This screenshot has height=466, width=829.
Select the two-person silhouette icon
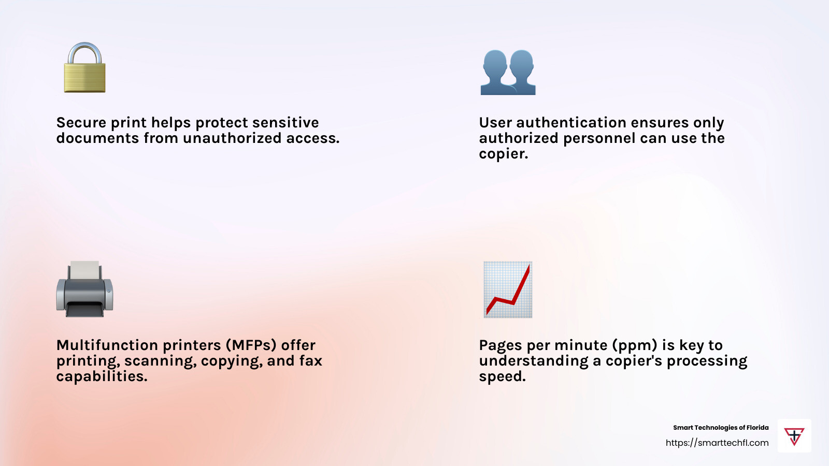pos(508,72)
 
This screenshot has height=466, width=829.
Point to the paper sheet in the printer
pos(84,269)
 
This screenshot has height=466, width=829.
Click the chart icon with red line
pos(508,289)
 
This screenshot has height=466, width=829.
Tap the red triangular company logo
pos(794,436)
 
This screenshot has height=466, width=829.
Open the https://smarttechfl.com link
pos(717,443)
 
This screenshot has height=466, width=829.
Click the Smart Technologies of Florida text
pos(721,428)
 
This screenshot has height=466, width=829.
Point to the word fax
pos(311,361)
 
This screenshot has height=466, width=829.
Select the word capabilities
pos(102,376)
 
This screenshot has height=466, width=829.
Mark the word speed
pos(502,377)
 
